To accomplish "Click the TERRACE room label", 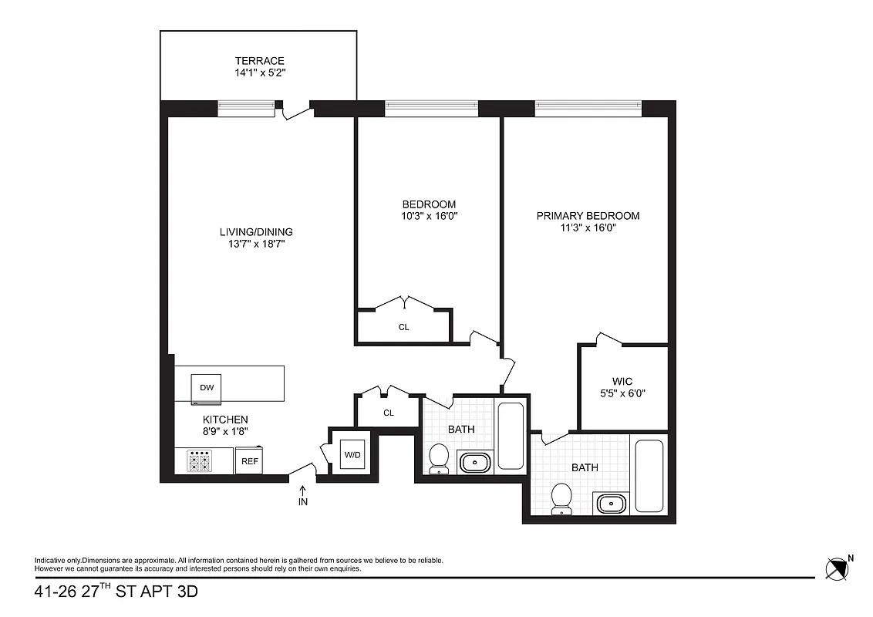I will click(x=260, y=61).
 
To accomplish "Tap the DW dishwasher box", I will click(x=207, y=388).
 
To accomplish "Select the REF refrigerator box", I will click(x=249, y=461).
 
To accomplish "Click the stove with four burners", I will click(x=200, y=461).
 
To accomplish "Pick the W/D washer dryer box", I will click(x=352, y=454).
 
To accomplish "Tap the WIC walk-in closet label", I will click(x=622, y=382).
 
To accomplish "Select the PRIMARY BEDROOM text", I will click(x=588, y=216).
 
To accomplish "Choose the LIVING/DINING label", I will click(x=256, y=231).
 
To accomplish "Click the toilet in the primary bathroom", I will click(x=562, y=497).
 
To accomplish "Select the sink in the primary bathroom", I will click(x=613, y=504).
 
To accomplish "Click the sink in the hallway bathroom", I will click(x=473, y=463).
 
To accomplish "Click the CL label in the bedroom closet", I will click(x=403, y=327).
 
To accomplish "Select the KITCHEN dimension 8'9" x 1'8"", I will click(x=225, y=432).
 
